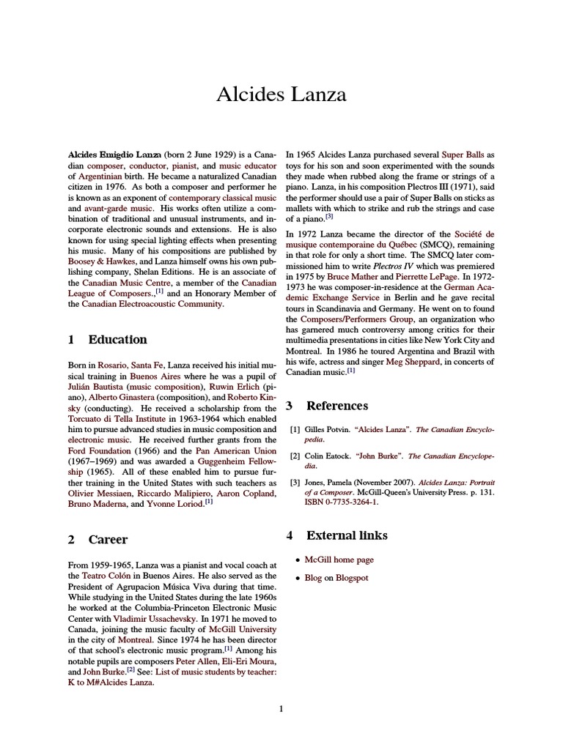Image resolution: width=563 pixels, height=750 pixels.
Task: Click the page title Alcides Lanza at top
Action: [x=281, y=94]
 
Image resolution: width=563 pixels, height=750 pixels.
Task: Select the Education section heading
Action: [x=117, y=339]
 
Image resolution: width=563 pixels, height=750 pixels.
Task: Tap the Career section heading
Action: [x=108, y=539]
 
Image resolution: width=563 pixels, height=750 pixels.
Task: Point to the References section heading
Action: [x=336, y=405]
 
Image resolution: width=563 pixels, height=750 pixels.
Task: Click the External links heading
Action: [x=347, y=535]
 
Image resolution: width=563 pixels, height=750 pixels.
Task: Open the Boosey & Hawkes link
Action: [x=100, y=261]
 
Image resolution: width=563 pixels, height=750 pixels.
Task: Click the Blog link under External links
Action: [x=313, y=578]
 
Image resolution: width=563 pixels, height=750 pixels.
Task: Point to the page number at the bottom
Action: [x=281, y=708]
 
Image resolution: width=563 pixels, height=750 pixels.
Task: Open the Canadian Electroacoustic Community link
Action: [x=152, y=303]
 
